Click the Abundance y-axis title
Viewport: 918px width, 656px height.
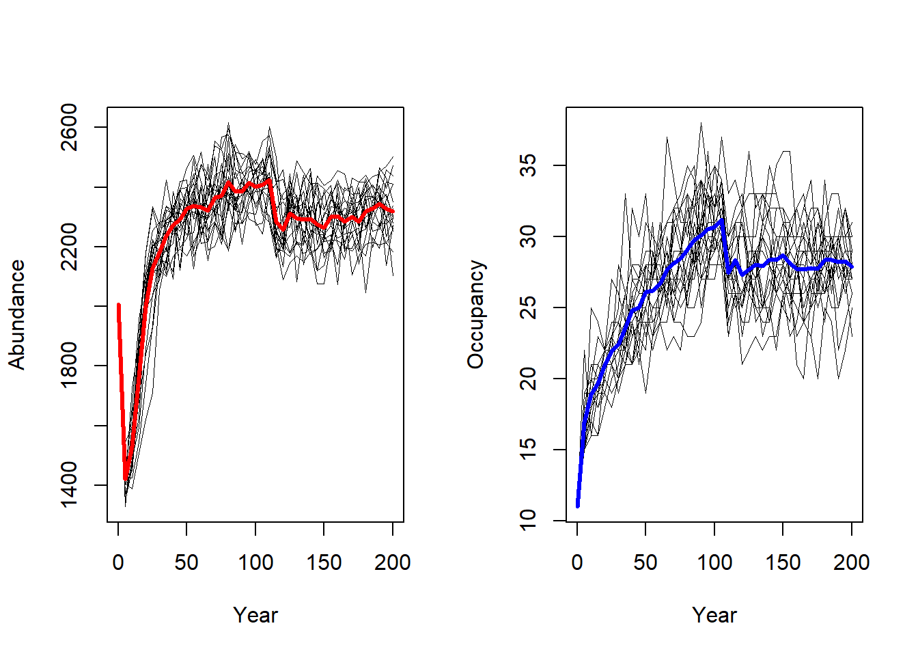pos(16,314)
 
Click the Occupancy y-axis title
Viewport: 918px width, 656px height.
pos(475,314)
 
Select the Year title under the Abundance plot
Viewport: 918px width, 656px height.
pos(255,615)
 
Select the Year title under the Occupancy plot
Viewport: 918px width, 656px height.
pos(714,615)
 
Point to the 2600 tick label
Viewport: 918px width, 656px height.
pos(69,127)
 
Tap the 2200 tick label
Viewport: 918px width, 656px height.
pos(69,247)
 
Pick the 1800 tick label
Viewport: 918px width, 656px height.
pos(69,366)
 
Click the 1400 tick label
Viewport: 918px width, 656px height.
pos(69,485)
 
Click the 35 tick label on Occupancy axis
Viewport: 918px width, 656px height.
pos(528,165)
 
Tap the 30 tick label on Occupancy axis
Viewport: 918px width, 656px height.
pos(528,236)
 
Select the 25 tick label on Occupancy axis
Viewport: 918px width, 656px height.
pos(528,307)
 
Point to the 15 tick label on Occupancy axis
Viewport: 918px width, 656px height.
pos(528,450)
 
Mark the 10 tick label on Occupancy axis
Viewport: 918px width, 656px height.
pos(528,521)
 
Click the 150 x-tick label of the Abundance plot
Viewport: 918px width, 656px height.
pos(324,562)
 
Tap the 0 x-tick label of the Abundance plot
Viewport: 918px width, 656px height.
pos(118,562)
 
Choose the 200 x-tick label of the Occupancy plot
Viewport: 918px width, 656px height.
pos(852,562)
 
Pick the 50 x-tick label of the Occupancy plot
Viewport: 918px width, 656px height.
pos(645,562)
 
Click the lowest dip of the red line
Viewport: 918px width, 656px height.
pos(126,479)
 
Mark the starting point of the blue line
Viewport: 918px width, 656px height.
pos(578,506)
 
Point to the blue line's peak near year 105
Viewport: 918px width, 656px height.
pos(722,221)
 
